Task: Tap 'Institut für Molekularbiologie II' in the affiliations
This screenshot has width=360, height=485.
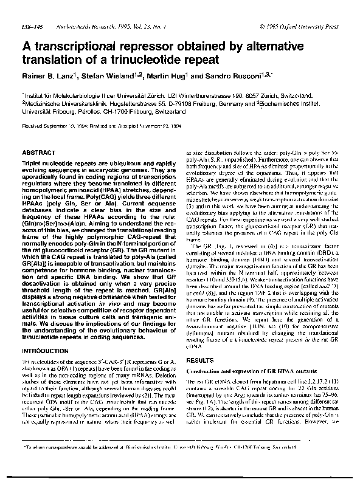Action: pyautogui.click(x=61, y=95)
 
